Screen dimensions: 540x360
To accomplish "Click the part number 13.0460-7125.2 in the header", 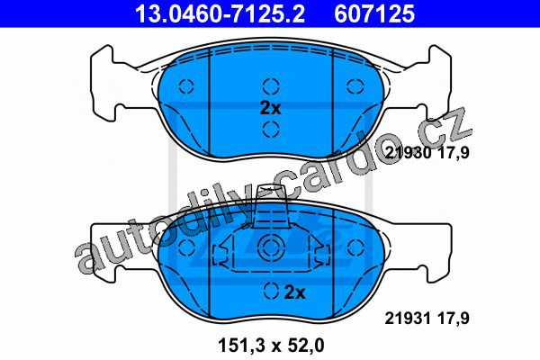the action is click(220, 13).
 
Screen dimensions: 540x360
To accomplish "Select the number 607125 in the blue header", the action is click(374, 13).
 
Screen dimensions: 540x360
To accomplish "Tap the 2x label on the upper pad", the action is click(270, 108).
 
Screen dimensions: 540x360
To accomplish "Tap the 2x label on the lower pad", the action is click(295, 292).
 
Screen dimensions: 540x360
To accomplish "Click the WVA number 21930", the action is click(408, 153).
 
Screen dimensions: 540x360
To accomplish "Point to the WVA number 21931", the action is click(408, 319).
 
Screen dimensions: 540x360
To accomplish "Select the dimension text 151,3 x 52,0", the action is click(271, 346).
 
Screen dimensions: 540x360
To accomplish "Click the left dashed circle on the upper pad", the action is click(186, 85).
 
